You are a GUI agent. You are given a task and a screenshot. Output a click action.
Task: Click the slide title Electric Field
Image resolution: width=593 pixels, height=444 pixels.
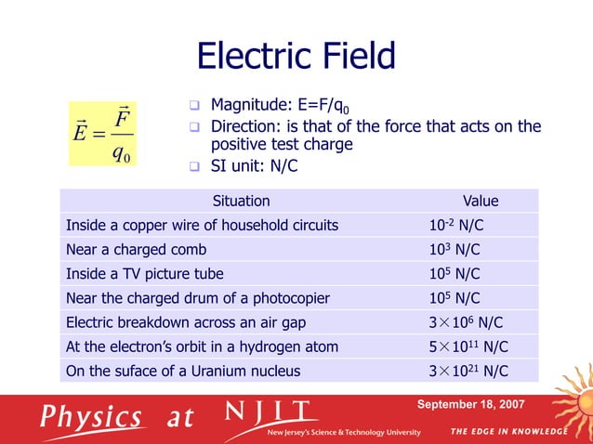(x=296, y=58)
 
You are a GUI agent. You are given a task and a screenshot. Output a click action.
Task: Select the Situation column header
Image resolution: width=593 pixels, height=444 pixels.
(x=242, y=201)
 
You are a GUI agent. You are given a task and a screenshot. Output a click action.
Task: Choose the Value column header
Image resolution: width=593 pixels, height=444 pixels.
(x=481, y=201)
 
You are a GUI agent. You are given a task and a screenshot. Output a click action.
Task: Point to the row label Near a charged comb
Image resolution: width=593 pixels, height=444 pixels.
(x=136, y=249)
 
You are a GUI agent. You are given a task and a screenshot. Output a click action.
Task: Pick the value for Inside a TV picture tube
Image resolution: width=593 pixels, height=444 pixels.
(x=454, y=273)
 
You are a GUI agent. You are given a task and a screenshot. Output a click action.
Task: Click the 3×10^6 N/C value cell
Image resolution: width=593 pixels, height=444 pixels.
(x=467, y=322)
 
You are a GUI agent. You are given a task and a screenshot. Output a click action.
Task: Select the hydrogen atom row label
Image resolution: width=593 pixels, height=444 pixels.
(x=202, y=346)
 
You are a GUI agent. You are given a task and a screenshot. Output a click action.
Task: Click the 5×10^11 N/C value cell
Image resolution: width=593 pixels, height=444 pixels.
(x=468, y=346)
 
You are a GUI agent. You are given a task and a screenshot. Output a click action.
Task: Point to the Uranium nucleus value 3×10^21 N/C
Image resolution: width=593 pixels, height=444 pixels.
(x=468, y=371)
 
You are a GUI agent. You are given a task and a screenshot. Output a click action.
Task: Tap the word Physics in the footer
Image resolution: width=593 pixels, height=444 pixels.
(x=89, y=416)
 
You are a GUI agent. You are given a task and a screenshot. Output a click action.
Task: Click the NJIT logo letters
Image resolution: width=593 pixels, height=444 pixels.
(x=270, y=411)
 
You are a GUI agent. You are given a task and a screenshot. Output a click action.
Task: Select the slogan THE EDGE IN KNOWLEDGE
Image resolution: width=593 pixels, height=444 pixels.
(x=508, y=432)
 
